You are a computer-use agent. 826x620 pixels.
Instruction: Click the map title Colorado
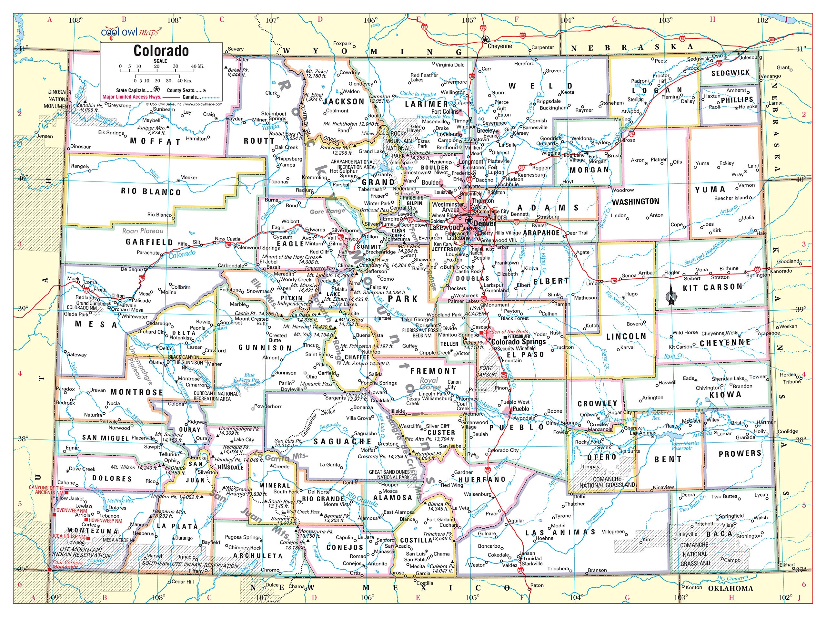pyautogui.click(x=161, y=51)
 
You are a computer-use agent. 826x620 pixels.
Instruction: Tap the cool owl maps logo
pyautogui.click(x=131, y=32)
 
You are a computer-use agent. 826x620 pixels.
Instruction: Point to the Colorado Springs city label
pyautogui.click(x=518, y=342)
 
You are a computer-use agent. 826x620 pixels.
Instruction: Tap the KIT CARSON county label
pyautogui.click(x=712, y=287)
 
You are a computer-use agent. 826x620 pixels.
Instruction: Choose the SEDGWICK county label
pyautogui.click(x=730, y=73)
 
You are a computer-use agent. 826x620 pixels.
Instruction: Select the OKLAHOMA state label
pyautogui.click(x=730, y=588)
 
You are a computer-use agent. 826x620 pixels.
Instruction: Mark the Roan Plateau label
pyautogui.click(x=143, y=231)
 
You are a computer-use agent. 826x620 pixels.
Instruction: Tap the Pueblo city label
pyautogui.click(x=520, y=408)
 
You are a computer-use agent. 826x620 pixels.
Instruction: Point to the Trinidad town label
pyautogui.click(x=532, y=558)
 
